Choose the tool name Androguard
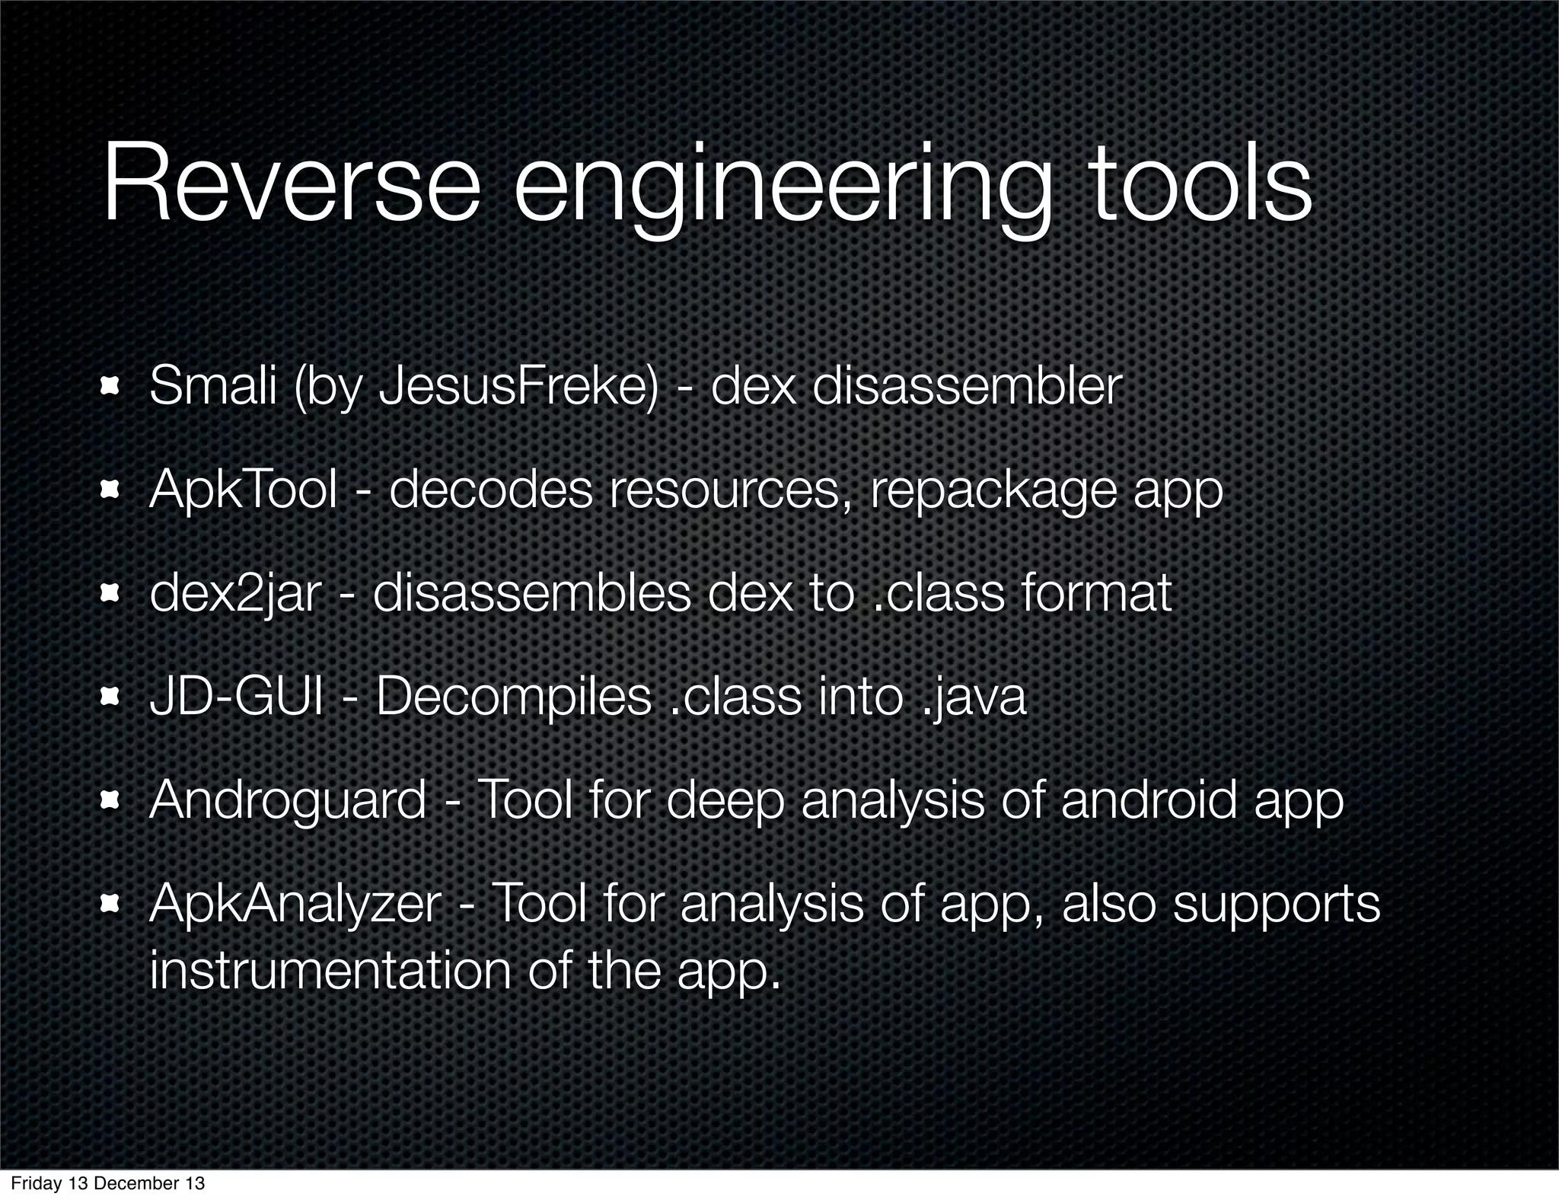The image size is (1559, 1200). click(288, 802)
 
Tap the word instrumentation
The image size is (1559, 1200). click(330, 971)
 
